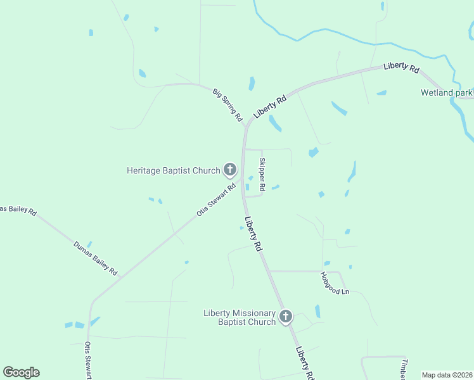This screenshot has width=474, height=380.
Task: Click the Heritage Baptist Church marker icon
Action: (x=229, y=170)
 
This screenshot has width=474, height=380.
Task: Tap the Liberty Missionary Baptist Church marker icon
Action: (x=286, y=317)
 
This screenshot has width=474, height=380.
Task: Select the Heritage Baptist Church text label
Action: (x=173, y=170)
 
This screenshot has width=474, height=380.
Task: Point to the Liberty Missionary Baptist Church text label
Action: (x=240, y=317)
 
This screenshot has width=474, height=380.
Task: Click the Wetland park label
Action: (x=447, y=92)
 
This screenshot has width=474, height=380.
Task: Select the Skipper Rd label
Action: (x=262, y=172)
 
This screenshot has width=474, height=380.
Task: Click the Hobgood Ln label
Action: (x=335, y=283)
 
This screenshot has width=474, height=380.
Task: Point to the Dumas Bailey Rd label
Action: (x=96, y=258)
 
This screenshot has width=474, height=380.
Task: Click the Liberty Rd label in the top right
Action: (x=401, y=68)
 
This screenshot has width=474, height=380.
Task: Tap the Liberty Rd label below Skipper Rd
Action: (x=253, y=234)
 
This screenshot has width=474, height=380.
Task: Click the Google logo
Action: (x=21, y=372)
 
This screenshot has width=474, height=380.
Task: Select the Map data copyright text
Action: (x=447, y=375)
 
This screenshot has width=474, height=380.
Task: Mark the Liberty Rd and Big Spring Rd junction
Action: (x=245, y=127)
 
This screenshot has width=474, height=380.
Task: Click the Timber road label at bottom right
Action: (x=403, y=370)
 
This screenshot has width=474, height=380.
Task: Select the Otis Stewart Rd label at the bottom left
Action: (x=87, y=360)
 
